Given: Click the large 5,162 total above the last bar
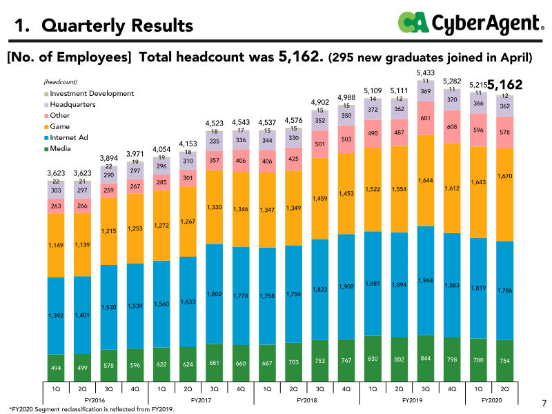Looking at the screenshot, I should pos(504,85).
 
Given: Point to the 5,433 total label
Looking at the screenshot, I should pos(426,72).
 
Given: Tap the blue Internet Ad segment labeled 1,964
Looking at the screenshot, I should pos(426,280).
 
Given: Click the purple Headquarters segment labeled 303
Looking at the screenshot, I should pos(56,190).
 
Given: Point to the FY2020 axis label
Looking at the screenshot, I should pos(491,400).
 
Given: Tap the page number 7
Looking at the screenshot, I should pos(543,402).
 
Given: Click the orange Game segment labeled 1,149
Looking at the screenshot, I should pos(56,245).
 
